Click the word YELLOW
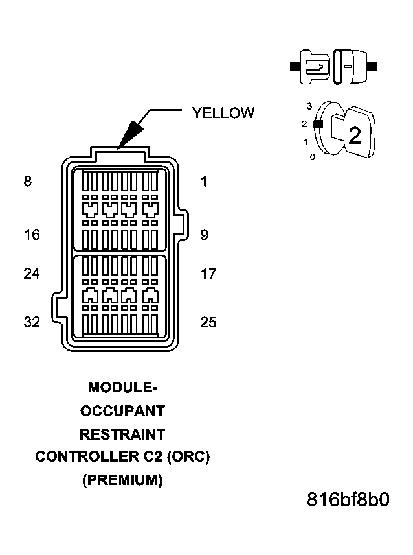tap(223, 113)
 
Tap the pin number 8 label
tap(27, 182)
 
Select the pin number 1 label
tap(204, 182)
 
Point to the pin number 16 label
tap(32, 235)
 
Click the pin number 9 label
tap(204, 235)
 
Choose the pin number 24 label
tap(32, 274)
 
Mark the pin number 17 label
tap(208, 274)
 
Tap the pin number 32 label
tap(32, 322)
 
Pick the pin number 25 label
tap(208, 322)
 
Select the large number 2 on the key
tap(354, 136)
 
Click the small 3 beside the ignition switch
tap(310, 106)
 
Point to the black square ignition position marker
tap(317, 123)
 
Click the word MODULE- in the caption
tap(122, 387)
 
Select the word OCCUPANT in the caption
tap(122, 411)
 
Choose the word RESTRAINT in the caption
tap(122, 434)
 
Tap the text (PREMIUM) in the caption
tap(122, 480)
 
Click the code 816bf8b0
tap(348, 501)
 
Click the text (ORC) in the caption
tap(188, 457)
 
